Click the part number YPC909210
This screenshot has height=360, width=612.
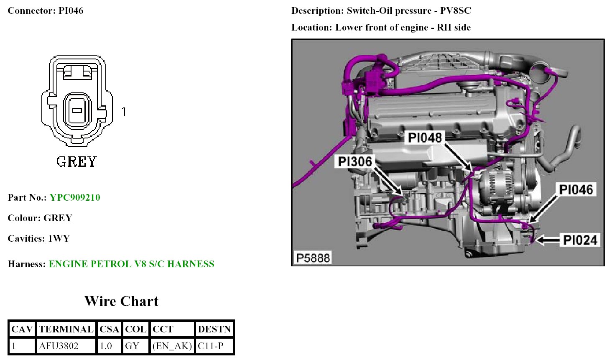(x=75, y=197)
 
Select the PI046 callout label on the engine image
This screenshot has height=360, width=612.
(x=576, y=189)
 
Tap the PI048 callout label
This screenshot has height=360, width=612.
(x=425, y=137)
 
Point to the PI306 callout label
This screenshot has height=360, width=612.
(x=354, y=161)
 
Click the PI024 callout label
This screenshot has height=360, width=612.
(x=580, y=240)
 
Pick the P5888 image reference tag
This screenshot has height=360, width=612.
(x=313, y=258)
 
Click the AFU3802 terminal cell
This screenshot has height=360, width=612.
(x=59, y=346)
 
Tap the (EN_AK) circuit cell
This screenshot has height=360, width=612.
(x=172, y=346)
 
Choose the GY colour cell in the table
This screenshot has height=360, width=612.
(x=132, y=346)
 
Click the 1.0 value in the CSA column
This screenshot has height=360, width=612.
(x=106, y=346)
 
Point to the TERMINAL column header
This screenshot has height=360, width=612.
(x=66, y=329)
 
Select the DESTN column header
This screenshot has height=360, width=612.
(x=214, y=329)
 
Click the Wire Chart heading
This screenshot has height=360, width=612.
(x=121, y=301)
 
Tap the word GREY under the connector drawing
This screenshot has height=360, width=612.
(x=77, y=161)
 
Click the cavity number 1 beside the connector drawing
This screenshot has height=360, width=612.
(x=124, y=111)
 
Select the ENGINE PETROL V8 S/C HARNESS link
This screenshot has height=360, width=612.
(x=131, y=264)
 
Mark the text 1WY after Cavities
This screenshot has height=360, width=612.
(x=59, y=238)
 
